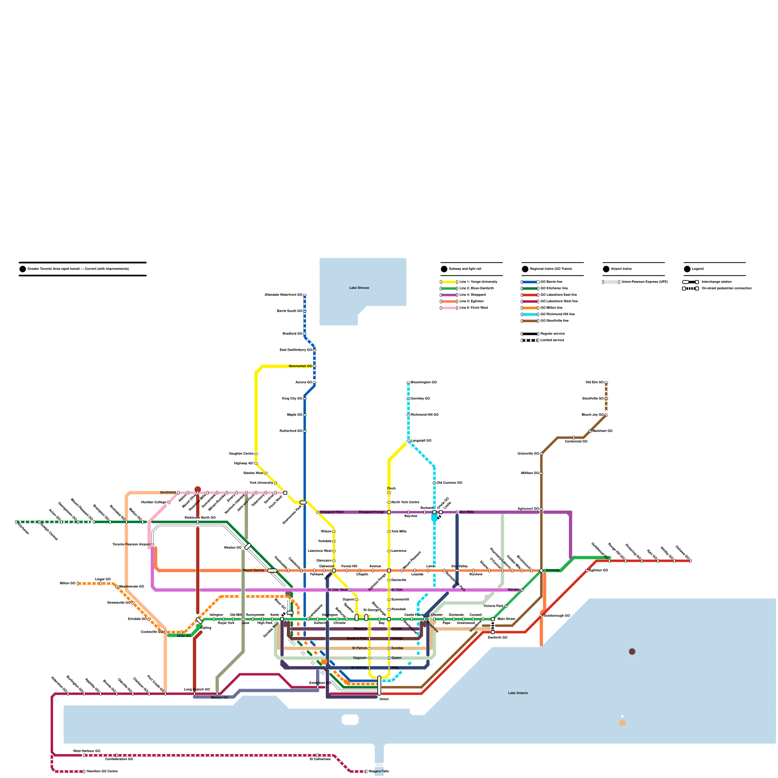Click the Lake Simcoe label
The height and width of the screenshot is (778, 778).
click(359, 288)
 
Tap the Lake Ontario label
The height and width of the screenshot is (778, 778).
click(518, 693)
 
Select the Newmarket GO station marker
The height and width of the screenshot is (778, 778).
click(315, 366)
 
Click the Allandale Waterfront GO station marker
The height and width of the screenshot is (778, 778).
click(305, 295)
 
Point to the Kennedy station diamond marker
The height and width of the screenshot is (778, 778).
click(541, 570)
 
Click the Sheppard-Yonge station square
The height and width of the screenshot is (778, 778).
click(389, 512)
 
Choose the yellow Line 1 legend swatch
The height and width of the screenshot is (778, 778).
click(448, 282)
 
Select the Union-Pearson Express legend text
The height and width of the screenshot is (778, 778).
click(644, 282)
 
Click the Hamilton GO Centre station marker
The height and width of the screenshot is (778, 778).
click(84, 772)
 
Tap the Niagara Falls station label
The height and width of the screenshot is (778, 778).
click(379, 772)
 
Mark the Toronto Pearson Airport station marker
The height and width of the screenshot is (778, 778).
click(152, 545)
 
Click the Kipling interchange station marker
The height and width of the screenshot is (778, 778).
click(199, 620)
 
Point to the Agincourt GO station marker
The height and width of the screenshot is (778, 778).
click(541, 509)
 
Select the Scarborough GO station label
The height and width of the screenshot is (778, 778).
click(557, 616)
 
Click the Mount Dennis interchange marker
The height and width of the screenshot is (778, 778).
click(272, 570)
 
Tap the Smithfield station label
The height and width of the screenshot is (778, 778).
click(168, 493)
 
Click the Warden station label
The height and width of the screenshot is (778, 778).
click(513, 590)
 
